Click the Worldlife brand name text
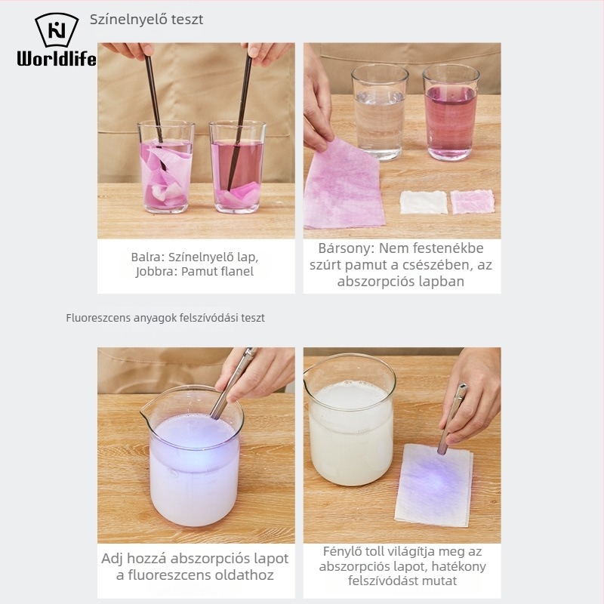pyautogui.click(x=57, y=59)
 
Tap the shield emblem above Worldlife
pyautogui.click(x=57, y=29)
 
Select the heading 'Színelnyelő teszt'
pyautogui.click(x=146, y=20)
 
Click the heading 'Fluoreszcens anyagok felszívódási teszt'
pyautogui.click(x=165, y=318)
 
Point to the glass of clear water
pyautogui.click(x=380, y=112)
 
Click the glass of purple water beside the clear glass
pyautogui.click(x=451, y=112)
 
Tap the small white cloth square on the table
pyautogui.click(x=424, y=202)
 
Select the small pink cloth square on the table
pyautogui.click(x=473, y=202)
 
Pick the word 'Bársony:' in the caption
pyautogui.click(x=347, y=248)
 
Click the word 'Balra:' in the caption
pyautogui.click(x=147, y=257)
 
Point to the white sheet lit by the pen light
pyautogui.click(x=434, y=485)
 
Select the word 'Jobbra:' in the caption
pyautogui.click(x=156, y=272)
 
